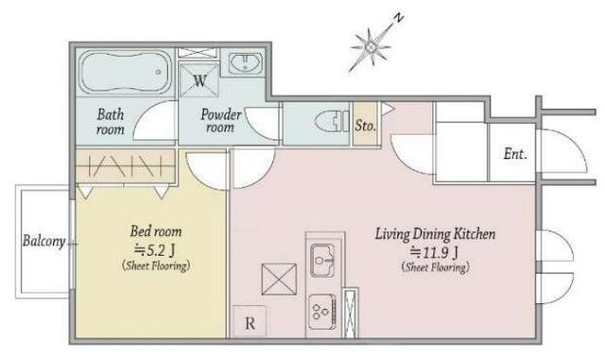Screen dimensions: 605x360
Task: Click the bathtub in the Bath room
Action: (125, 73)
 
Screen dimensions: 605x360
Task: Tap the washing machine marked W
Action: (199, 80)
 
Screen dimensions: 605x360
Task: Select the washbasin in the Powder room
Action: (245, 63)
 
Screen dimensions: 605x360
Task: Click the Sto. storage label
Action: (365, 126)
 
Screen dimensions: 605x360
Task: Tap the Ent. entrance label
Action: (515, 154)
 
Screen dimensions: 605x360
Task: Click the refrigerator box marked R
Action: (250, 322)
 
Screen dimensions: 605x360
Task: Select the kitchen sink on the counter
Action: (322, 261)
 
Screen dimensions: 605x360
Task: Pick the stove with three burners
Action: (322, 312)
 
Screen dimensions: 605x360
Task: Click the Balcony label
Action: (44, 241)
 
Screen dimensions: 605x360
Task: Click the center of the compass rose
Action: (371, 47)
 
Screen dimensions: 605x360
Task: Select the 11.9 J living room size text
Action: (435, 252)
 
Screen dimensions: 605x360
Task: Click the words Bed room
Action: (156, 231)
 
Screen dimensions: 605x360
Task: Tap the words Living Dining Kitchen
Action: (436, 234)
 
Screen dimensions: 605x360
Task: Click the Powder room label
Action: (220, 120)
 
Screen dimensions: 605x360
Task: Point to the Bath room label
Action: (111, 122)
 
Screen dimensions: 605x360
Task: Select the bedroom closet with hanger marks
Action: (126, 166)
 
